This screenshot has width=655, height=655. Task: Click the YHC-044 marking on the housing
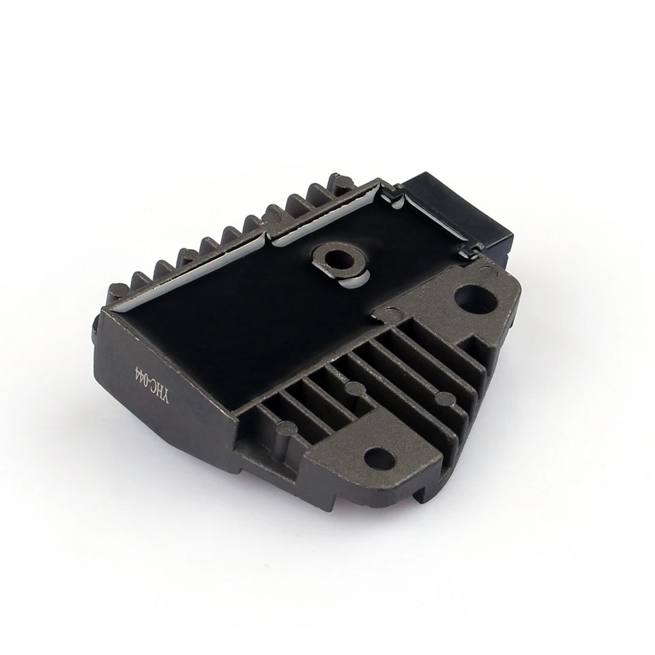143,387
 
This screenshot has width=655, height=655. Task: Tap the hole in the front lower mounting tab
379,458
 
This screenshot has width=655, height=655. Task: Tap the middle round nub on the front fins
353,390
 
